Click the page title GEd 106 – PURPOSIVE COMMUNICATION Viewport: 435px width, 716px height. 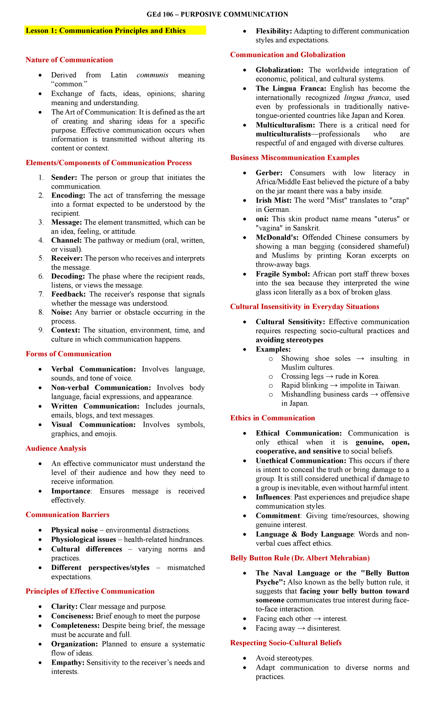click(217, 14)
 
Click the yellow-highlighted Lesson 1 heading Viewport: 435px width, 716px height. click(105, 30)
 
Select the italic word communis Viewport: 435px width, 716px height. click(152, 75)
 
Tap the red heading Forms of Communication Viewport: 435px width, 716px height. click(69, 354)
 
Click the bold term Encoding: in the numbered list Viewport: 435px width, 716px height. click(68, 195)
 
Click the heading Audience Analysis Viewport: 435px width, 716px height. click(56, 448)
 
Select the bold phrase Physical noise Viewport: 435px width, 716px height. click(75, 530)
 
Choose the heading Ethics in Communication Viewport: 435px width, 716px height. click(273, 418)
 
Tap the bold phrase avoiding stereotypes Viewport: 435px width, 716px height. click(290, 340)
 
